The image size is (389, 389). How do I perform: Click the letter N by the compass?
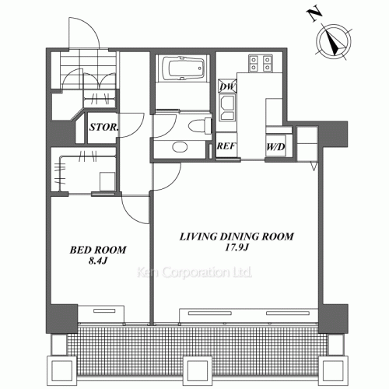pyautogui.click(x=314, y=15)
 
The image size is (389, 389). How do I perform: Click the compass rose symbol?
pyautogui.click(x=334, y=42)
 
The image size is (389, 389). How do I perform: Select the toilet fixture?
pyautogui.click(x=200, y=126)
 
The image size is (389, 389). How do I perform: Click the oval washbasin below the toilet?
pyautogui.click(x=180, y=147)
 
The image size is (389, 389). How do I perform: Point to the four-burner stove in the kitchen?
pyautogui.click(x=261, y=63)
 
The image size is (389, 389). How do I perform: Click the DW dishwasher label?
pyautogui.click(x=227, y=86)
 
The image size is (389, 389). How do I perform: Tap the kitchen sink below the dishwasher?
pyautogui.click(x=227, y=107)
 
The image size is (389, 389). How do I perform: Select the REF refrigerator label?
pyautogui.click(x=226, y=146)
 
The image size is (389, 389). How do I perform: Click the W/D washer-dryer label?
pyautogui.click(x=275, y=147)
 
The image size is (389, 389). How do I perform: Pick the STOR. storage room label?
pyautogui.click(x=103, y=127)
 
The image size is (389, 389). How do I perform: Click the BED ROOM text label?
pyautogui.click(x=98, y=250)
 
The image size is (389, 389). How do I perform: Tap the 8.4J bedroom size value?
pyautogui.click(x=98, y=261)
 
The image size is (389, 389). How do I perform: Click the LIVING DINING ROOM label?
pyautogui.click(x=237, y=237)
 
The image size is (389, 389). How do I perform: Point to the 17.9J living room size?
pyautogui.click(x=237, y=247)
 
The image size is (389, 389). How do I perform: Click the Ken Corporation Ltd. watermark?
pyautogui.click(x=194, y=272)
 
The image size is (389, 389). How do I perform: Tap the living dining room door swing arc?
pyautogui.click(x=173, y=183)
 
